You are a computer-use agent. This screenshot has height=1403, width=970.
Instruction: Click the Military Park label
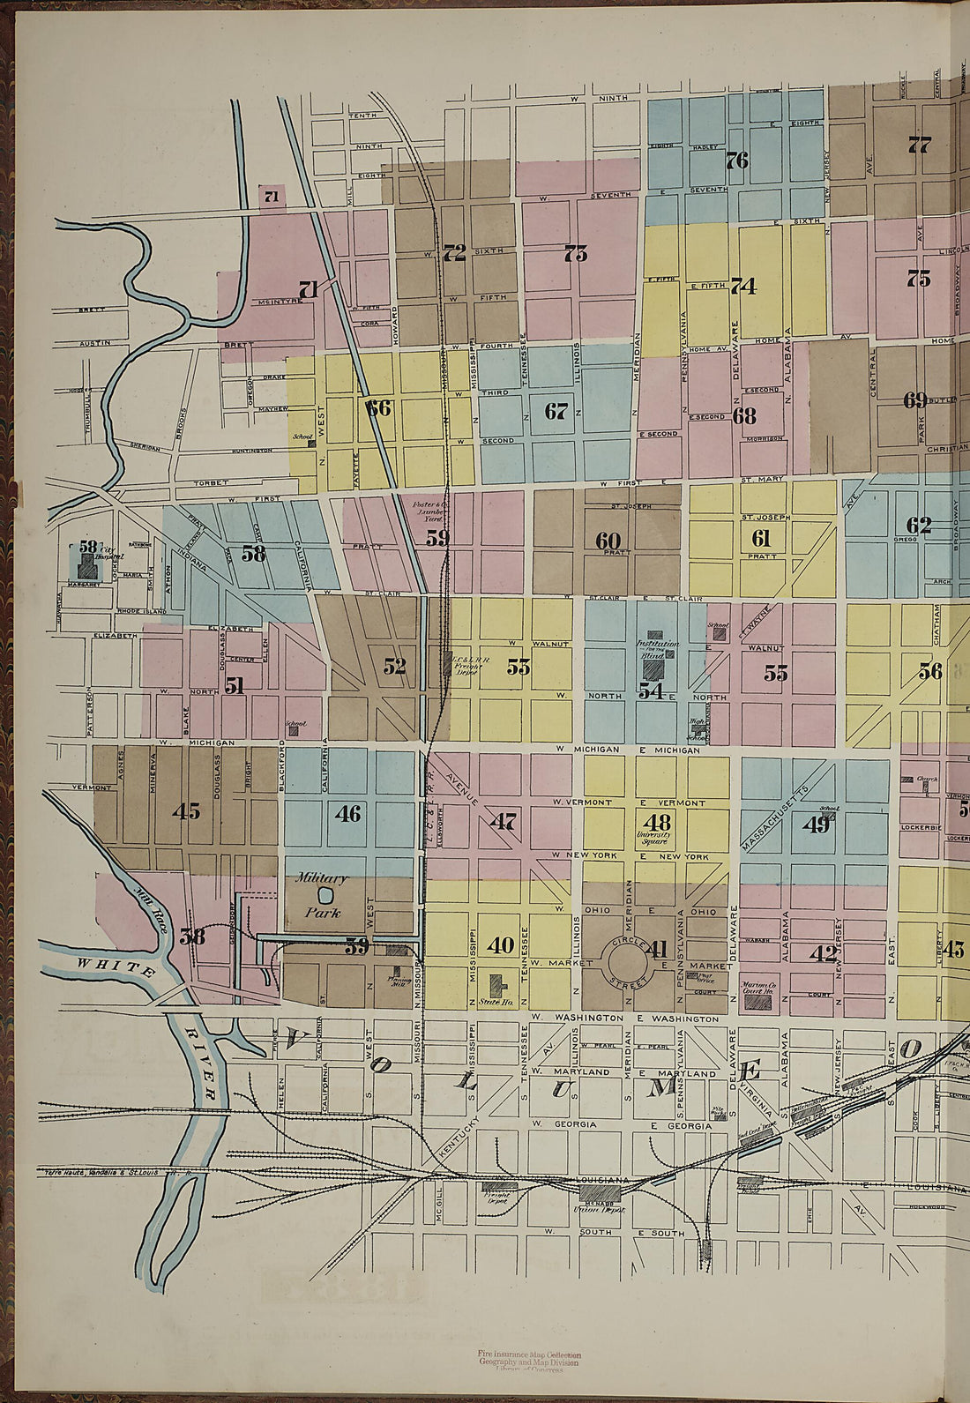click(320, 894)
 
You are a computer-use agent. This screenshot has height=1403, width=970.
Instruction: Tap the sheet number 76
click(736, 160)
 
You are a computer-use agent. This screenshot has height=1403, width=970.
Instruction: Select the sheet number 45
click(186, 811)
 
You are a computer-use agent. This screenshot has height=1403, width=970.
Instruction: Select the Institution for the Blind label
click(653, 650)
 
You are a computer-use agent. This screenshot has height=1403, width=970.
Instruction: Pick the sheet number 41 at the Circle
click(657, 949)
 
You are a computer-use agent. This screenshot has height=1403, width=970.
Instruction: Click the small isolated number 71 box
click(271, 197)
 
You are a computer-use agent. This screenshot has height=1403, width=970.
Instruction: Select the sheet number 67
click(556, 411)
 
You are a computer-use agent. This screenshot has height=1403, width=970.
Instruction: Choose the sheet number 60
click(608, 540)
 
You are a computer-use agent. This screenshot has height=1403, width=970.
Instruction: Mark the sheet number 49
click(816, 825)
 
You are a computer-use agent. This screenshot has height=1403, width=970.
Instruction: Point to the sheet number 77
click(919, 146)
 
